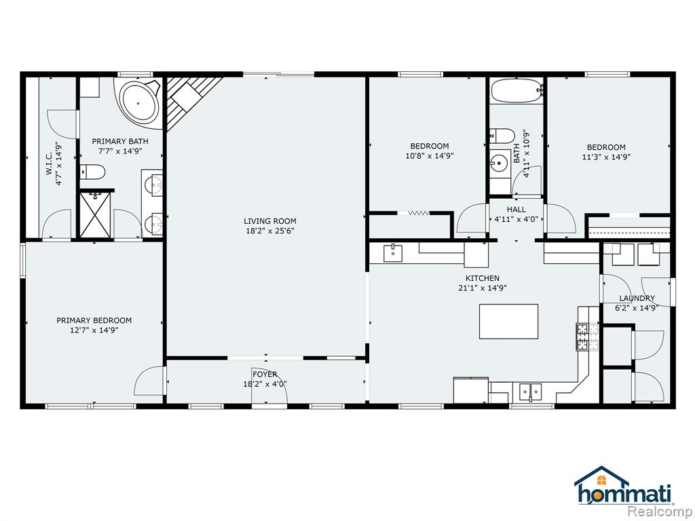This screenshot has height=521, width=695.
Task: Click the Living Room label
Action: [x=270, y=221]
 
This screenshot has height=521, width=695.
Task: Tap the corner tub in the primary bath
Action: [x=138, y=103]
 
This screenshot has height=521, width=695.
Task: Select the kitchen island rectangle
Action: [x=508, y=321]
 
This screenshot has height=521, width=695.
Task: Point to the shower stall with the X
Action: [x=95, y=215]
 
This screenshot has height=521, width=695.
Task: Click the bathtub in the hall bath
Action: [x=516, y=91]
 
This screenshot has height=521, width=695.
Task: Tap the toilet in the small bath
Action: [x=502, y=136]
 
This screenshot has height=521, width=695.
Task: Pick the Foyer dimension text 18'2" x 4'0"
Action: [x=265, y=384]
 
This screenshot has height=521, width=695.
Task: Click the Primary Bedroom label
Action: [x=94, y=320]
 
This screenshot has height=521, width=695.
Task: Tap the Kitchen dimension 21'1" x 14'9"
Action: [x=483, y=288]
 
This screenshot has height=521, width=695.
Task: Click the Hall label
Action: [x=516, y=209]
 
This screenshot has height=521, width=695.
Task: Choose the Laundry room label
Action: [x=637, y=298]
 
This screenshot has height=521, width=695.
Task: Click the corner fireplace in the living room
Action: [x=189, y=100]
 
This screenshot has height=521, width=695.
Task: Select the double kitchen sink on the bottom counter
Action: [x=531, y=391]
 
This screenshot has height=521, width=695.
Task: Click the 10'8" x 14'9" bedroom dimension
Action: [x=430, y=156]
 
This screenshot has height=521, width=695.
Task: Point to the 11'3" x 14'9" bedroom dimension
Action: [x=606, y=157]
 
